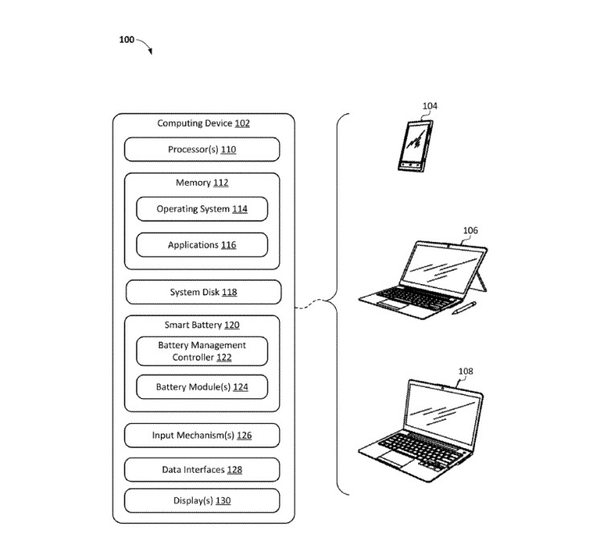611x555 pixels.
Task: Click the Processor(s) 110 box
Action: [x=202, y=150]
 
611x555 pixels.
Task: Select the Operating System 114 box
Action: [x=202, y=209]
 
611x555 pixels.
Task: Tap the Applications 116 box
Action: [x=202, y=245]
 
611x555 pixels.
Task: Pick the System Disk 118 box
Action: [x=203, y=292]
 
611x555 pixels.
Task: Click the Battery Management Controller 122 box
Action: [x=202, y=351]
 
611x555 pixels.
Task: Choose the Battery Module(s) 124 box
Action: [x=202, y=387]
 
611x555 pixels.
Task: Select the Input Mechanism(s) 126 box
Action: [x=202, y=435]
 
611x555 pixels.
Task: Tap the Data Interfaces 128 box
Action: [x=202, y=470]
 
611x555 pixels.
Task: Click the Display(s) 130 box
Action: [x=202, y=500]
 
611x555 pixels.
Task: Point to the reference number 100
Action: [x=127, y=39]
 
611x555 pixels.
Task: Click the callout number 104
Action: [x=430, y=106]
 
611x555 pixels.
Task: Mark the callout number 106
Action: [x=470, y=230]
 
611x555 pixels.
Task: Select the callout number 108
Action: [x=465, y=371]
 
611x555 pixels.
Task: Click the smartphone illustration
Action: [x=416, y=146]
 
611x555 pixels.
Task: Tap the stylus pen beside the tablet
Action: [x=464, y=308]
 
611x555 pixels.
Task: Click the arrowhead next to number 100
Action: [x=150, y=51]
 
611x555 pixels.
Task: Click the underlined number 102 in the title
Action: [x=242, y=123]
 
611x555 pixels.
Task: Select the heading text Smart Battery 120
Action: [x=202, y=325]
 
